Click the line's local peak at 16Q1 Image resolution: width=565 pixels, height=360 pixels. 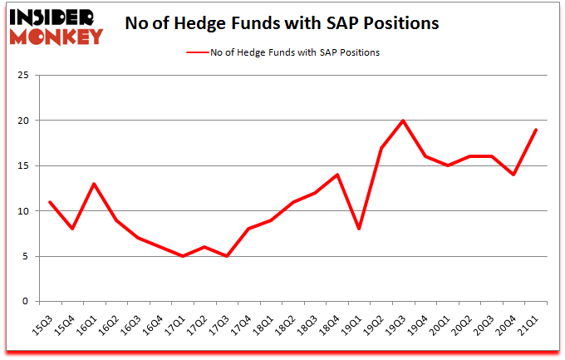[x=94, y=184]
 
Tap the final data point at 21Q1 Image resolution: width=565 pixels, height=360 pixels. [x=537, y=130]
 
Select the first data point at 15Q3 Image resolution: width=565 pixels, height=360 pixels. [x=50, y=202]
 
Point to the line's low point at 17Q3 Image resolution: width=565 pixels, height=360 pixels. [x=227, y=256]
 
